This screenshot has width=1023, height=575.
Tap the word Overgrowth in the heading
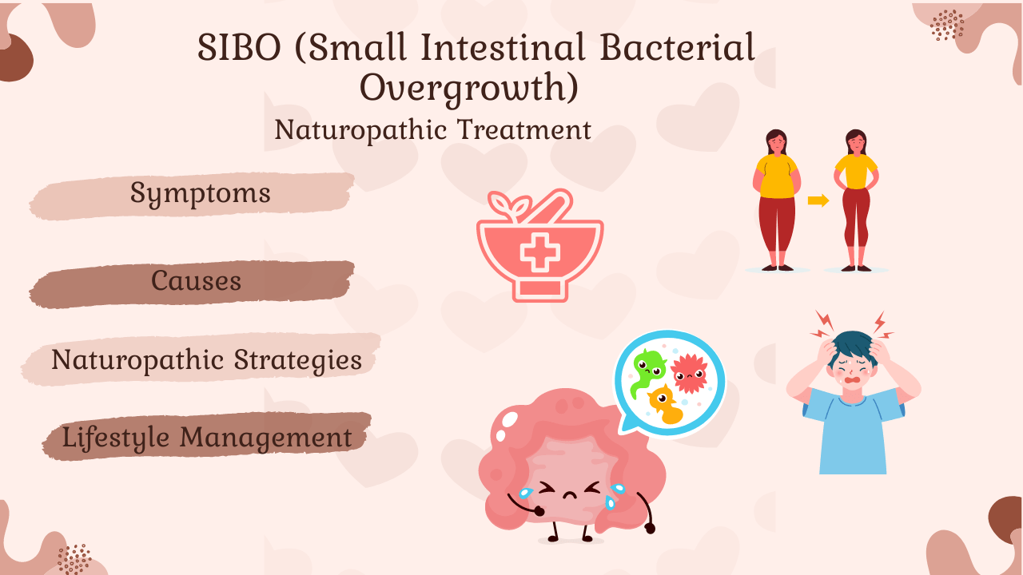point(469,88)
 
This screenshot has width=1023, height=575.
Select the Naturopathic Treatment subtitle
point(432,129)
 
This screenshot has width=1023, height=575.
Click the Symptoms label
point(201,193)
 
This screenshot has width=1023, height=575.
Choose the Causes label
point(197,280)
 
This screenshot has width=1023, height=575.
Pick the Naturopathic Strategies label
point(206,359)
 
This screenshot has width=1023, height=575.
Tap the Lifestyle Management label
point(207,437)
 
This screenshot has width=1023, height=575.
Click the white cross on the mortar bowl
point(540,252)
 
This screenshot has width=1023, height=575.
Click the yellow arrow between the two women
point(818,200)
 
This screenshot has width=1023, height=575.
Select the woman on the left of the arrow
point(776,200)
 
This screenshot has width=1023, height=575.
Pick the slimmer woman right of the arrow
point(856,200)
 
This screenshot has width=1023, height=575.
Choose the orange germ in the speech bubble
point(665,403)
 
